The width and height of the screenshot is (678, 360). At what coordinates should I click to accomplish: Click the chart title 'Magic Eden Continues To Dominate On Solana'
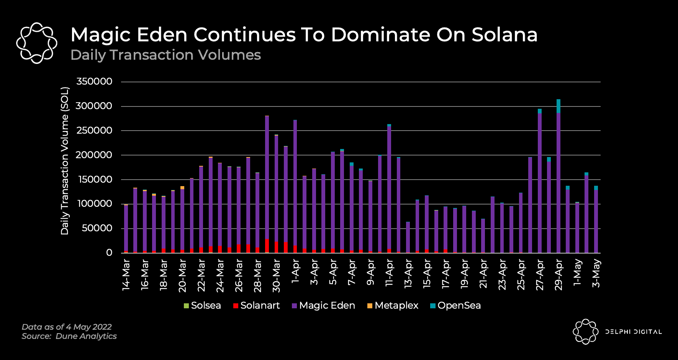click(x=304, y=34)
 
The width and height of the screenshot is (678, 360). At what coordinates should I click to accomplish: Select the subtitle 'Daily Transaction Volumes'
click(x=165, y=55)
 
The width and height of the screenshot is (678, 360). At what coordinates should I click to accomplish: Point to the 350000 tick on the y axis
click(x=94, y=82)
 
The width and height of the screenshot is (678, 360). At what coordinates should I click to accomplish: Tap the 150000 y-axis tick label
click(x=94, y=179)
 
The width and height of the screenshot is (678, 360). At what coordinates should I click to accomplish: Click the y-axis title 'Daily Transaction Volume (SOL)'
click(x=65, y=161)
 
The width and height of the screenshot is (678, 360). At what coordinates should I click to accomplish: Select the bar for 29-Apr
click(x=558, y=180)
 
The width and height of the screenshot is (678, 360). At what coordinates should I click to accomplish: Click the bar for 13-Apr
click(x=408, y=237)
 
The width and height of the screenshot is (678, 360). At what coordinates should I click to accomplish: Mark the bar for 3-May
click(x=596, y=220)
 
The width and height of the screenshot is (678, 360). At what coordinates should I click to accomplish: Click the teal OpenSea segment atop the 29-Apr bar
click(x=558, y=106)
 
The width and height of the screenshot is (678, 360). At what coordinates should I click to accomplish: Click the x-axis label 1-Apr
click(x=295, y=271)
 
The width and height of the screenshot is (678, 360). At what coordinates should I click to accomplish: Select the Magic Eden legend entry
click(x=323, y=306)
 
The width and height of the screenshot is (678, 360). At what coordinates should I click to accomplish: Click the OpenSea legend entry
click(x=455, y=306)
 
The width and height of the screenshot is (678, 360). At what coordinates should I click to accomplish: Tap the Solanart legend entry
click(x=256, y=306)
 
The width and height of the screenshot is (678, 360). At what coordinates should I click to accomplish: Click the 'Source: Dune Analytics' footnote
click(x=69, y=336)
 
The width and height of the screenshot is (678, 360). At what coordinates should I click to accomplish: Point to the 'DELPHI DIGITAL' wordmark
click(x=634, y=332)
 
